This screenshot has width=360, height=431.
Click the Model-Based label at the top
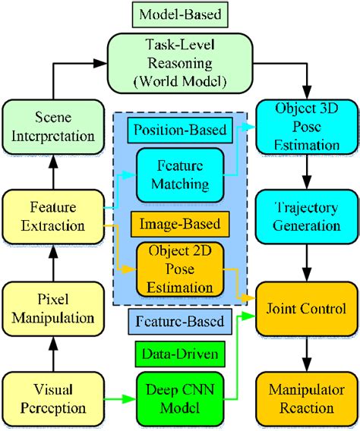coord(180,14)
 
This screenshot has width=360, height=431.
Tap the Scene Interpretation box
coord(48,127)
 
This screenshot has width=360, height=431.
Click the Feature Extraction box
coord(48,216)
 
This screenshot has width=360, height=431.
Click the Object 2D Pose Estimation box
coord(180,269)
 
